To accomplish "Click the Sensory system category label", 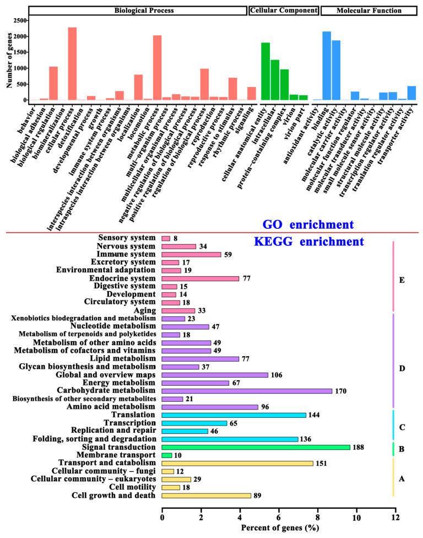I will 129,238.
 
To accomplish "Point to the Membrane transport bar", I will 167,455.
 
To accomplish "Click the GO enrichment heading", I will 308,224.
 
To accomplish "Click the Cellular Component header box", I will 284,10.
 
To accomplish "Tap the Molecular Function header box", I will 368,10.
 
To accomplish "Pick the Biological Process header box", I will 138,10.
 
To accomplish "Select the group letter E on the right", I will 402,281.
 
